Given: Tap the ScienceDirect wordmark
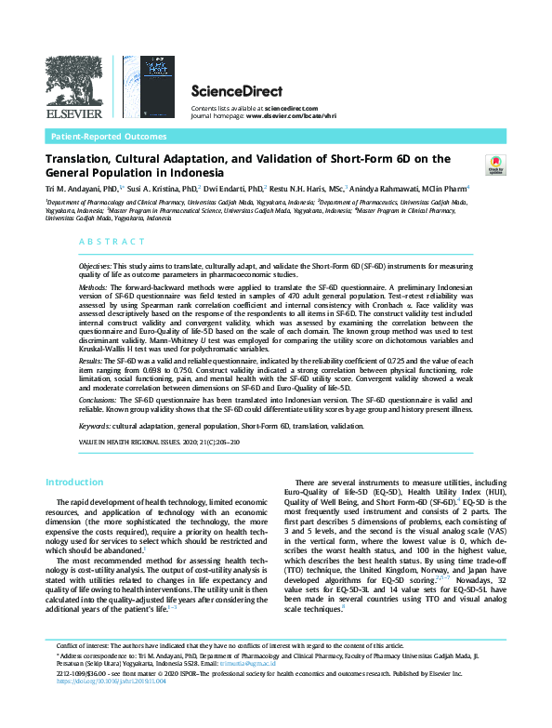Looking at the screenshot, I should [227, 91].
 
